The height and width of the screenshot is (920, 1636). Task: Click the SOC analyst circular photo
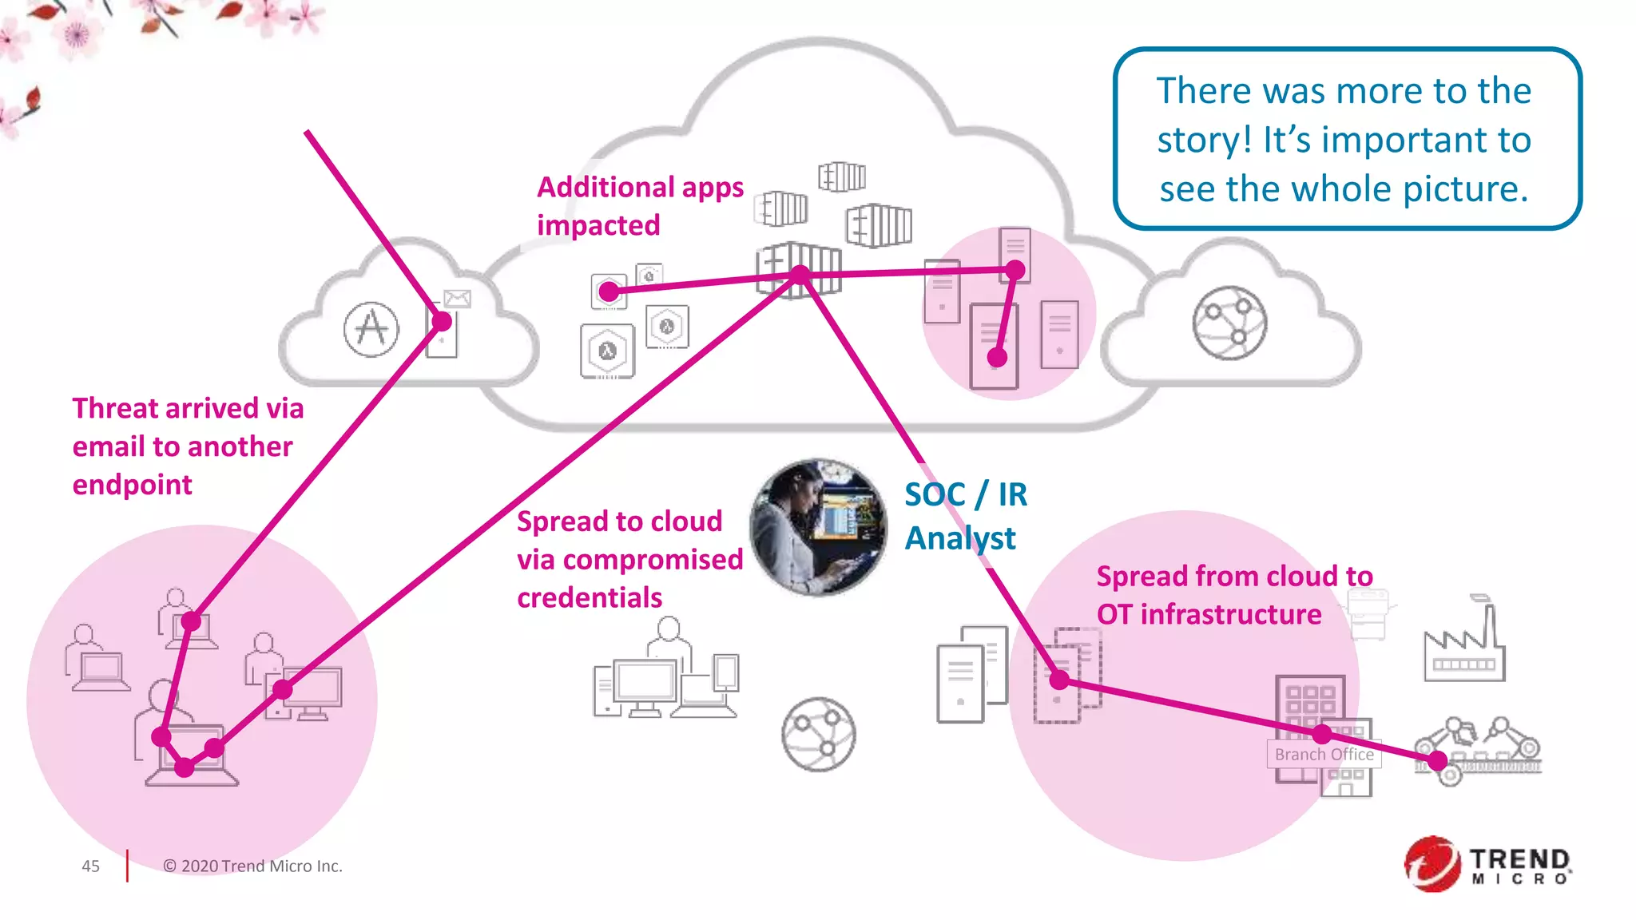point(818,527)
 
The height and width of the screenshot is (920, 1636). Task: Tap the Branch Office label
point(1324,754)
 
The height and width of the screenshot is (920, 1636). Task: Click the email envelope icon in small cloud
point(457,299)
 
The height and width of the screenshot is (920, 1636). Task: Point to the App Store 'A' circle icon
point(371,328)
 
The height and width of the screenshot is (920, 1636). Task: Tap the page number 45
point(90,866)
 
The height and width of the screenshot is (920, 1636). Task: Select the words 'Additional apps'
point(640,187)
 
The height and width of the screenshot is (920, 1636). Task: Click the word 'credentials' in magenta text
point(590,597)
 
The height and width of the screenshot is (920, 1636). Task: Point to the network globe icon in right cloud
point(1229,323)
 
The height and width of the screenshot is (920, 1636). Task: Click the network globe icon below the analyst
point(818,734)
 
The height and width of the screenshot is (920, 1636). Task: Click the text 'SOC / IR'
point(966,494)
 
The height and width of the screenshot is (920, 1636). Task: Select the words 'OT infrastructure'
point(1209,614)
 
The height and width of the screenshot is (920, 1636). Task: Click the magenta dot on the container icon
point(800,276)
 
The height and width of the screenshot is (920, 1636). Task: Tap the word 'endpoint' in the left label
point(132,485)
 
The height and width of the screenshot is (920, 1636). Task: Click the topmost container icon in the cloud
point(841,176)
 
